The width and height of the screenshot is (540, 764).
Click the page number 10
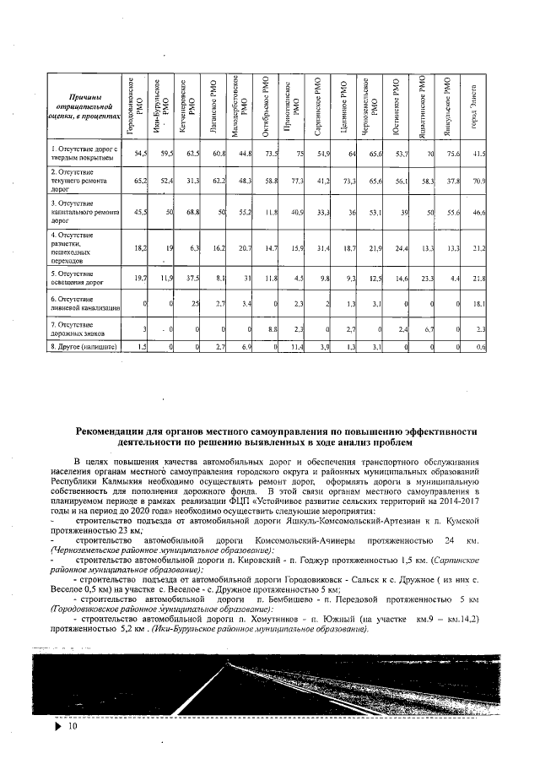pos(73,726)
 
